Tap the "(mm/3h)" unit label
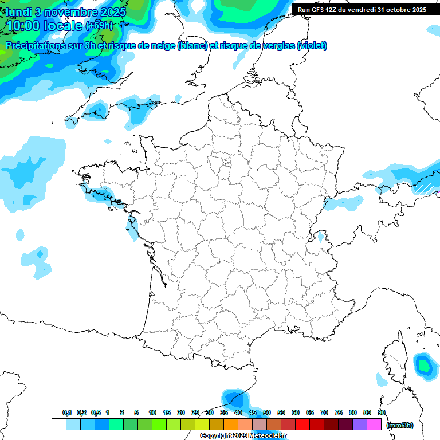(400, 425)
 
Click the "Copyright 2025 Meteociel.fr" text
(243, 436)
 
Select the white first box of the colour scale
(58, 425)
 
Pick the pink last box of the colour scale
(374, 425)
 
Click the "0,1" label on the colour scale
(67, 413)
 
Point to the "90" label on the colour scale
(382, 413)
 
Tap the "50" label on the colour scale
(267, 413)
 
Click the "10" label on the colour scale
(152, 413)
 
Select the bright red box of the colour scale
(302, 425)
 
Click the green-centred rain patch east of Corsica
(424, 365)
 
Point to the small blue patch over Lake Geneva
(321, 237)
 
